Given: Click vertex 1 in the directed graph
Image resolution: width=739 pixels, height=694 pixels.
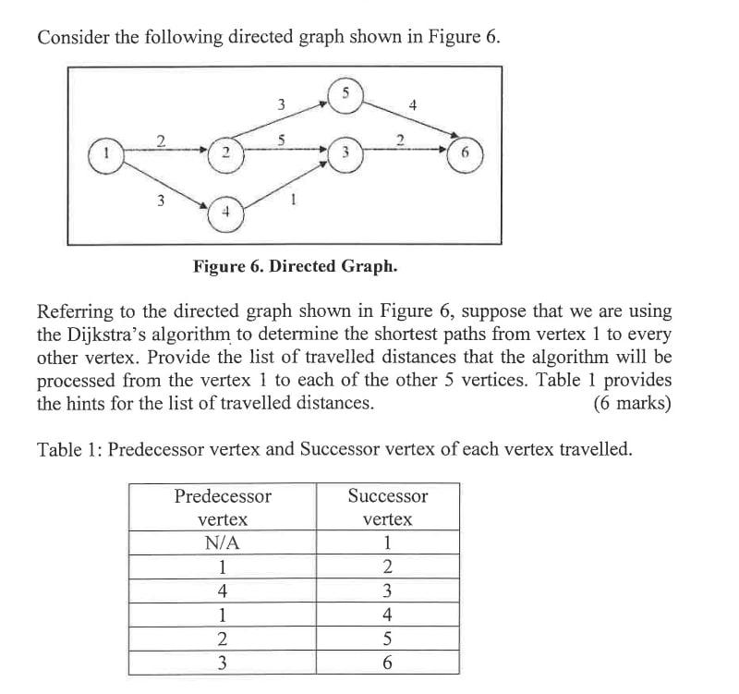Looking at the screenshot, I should click(x=106, y=151).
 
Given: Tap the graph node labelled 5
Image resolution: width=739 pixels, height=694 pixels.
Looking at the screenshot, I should click(x=345, y=94).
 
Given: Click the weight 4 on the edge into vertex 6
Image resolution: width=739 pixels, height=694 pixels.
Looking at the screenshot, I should click(x=413, y=105).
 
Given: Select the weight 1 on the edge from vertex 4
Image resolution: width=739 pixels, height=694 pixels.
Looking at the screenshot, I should click(x=292, y=197).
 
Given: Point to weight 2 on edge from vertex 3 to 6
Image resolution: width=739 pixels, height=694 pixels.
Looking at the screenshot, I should click(x=400, y=140).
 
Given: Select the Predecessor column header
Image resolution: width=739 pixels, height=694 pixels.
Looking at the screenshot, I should click(x=223, y=507).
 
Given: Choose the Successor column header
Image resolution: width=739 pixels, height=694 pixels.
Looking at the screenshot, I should click(x=388, y=507).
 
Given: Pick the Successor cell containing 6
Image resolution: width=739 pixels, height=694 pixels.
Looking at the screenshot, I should click(x=388, y=663).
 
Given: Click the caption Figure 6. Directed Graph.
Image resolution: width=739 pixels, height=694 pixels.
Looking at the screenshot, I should click(x=296, y=267).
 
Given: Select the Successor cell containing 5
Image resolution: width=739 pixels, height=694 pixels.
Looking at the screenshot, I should click(x=388, y=639).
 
